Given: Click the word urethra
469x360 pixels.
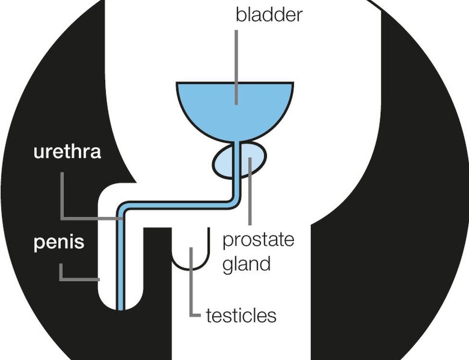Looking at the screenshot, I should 67,152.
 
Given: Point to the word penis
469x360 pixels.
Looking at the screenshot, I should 59,243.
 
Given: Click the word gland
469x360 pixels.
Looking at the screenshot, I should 247,263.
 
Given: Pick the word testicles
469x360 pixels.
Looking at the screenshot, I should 241,316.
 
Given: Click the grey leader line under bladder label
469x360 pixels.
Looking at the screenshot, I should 236,67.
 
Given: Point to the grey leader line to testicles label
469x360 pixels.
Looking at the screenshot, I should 191,288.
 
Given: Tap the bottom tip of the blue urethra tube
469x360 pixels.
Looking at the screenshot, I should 121,308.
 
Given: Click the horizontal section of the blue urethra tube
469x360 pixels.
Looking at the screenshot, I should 178,205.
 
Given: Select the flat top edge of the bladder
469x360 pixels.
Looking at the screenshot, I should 234,83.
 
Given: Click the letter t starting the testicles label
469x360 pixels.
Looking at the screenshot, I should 209,316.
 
